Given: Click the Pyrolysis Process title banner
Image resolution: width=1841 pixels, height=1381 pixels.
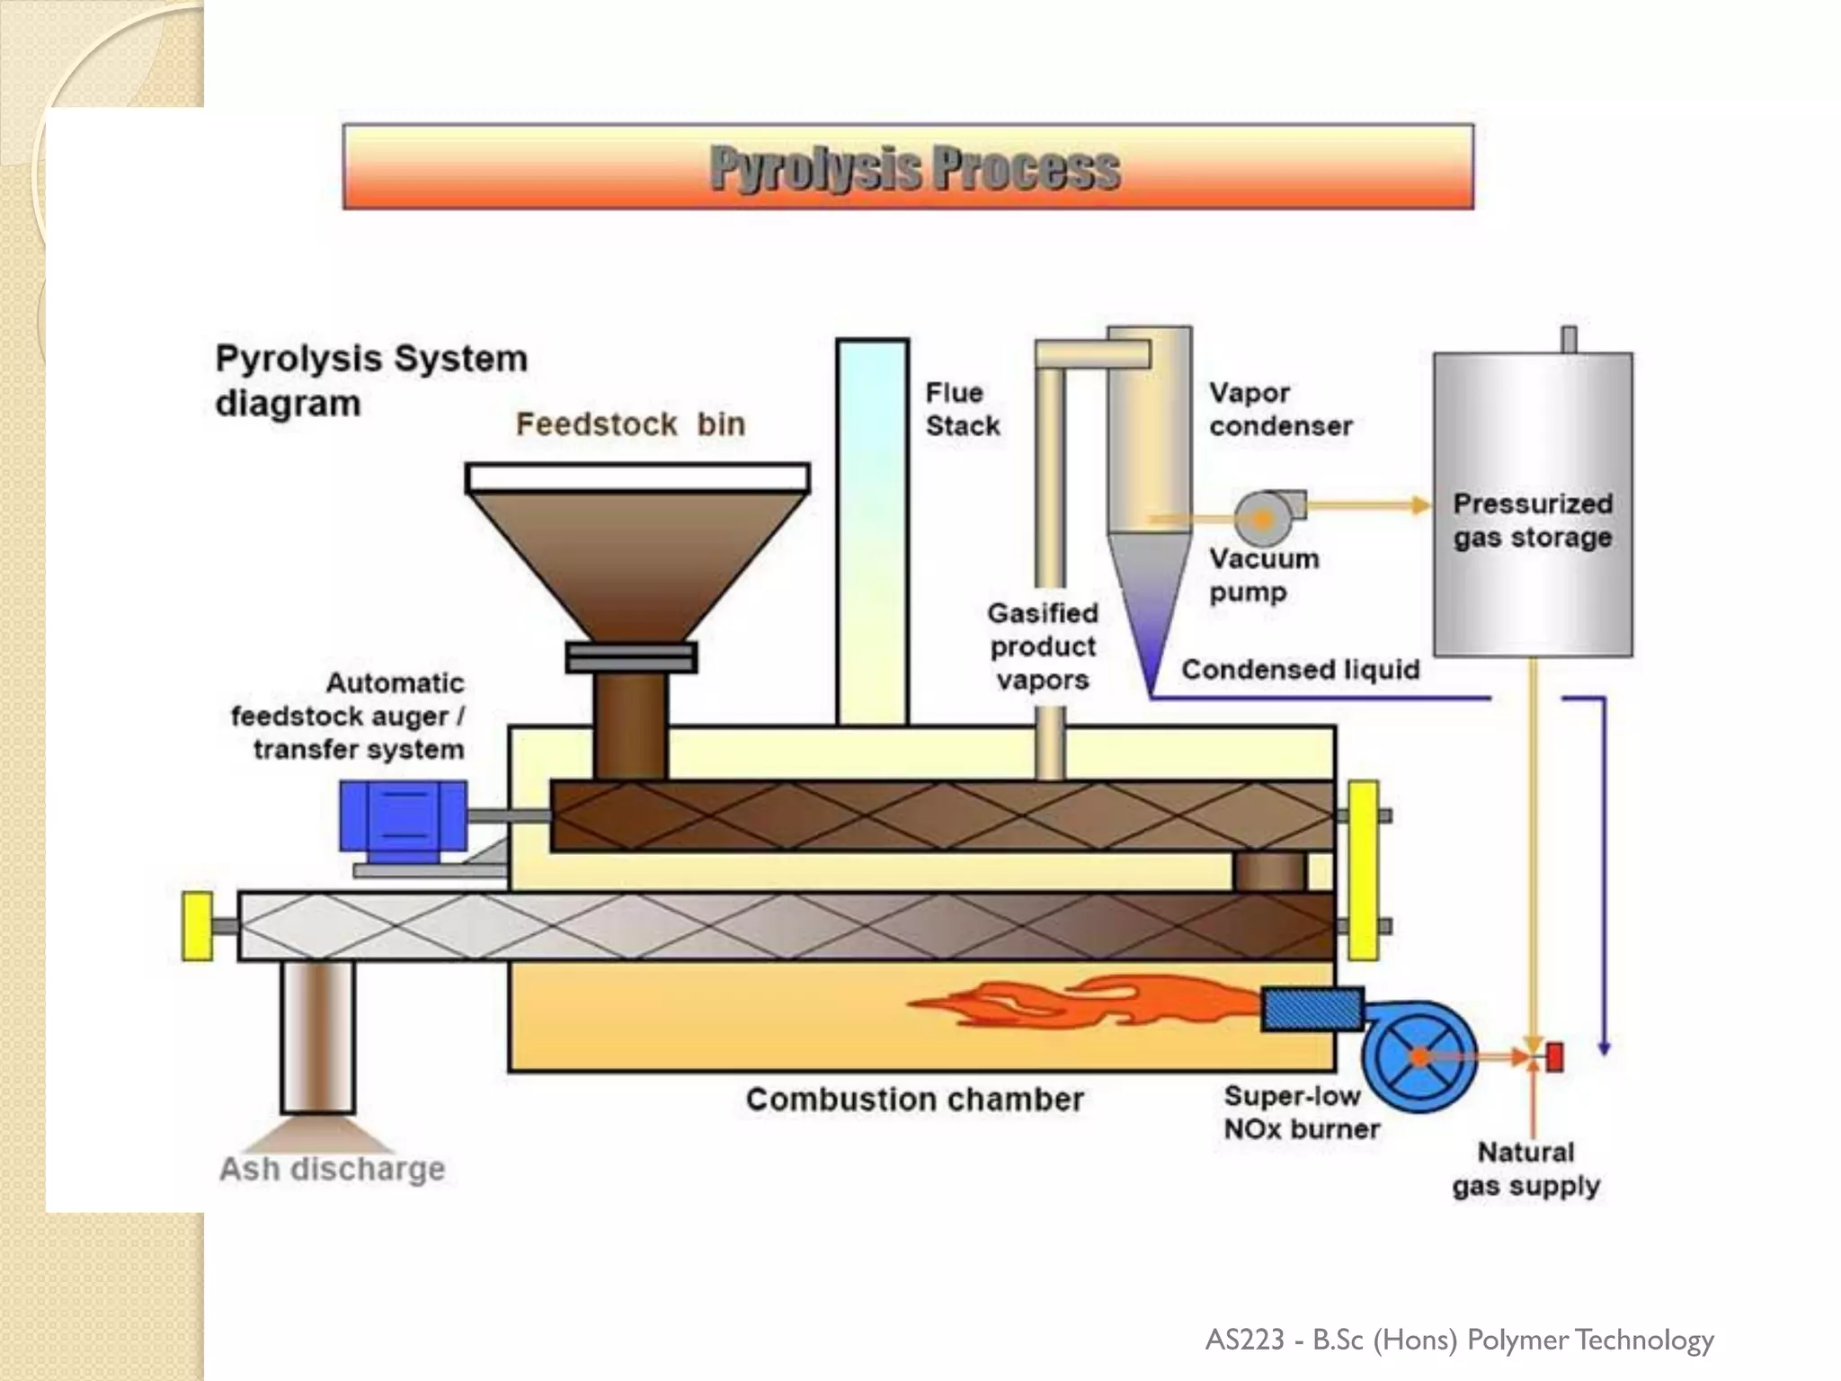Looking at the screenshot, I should coord(908,167).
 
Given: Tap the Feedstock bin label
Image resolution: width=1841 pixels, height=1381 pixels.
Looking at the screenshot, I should coord(630,424).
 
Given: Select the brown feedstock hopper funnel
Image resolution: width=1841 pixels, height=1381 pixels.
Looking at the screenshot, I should coord(636,557).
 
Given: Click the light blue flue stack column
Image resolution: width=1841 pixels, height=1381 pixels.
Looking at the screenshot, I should coord(872,530).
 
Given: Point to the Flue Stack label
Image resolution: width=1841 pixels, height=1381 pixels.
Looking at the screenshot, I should coord(962,409).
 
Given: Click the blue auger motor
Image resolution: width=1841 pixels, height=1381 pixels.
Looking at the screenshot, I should coord(403,815).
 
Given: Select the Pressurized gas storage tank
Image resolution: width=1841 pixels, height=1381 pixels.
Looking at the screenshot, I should coord(1533,503).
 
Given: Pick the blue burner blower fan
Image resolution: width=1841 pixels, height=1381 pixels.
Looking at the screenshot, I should coord(1419,1056).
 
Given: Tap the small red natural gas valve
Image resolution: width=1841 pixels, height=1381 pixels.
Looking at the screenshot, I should coord(1555,1056).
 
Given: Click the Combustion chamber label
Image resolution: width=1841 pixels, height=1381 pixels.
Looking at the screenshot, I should coord(914,1100).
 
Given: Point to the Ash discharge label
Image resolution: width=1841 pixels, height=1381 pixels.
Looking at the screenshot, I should coord(332,1169).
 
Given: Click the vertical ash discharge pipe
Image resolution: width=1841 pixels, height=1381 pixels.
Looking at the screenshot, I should coord(317,1034).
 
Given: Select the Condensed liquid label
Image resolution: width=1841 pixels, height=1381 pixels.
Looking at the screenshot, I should coord(1300,670).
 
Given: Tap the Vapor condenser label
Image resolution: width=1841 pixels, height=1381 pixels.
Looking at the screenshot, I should coord(1280,409).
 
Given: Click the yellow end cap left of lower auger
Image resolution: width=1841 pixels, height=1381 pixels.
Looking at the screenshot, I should coord(198,926).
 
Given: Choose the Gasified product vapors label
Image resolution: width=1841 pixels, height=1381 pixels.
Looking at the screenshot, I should coord(1043,646).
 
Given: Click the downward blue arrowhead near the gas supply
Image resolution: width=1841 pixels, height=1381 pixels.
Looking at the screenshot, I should coord(1604,1048).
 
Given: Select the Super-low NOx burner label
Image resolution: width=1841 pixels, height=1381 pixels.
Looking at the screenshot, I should coord(1301,1112).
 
